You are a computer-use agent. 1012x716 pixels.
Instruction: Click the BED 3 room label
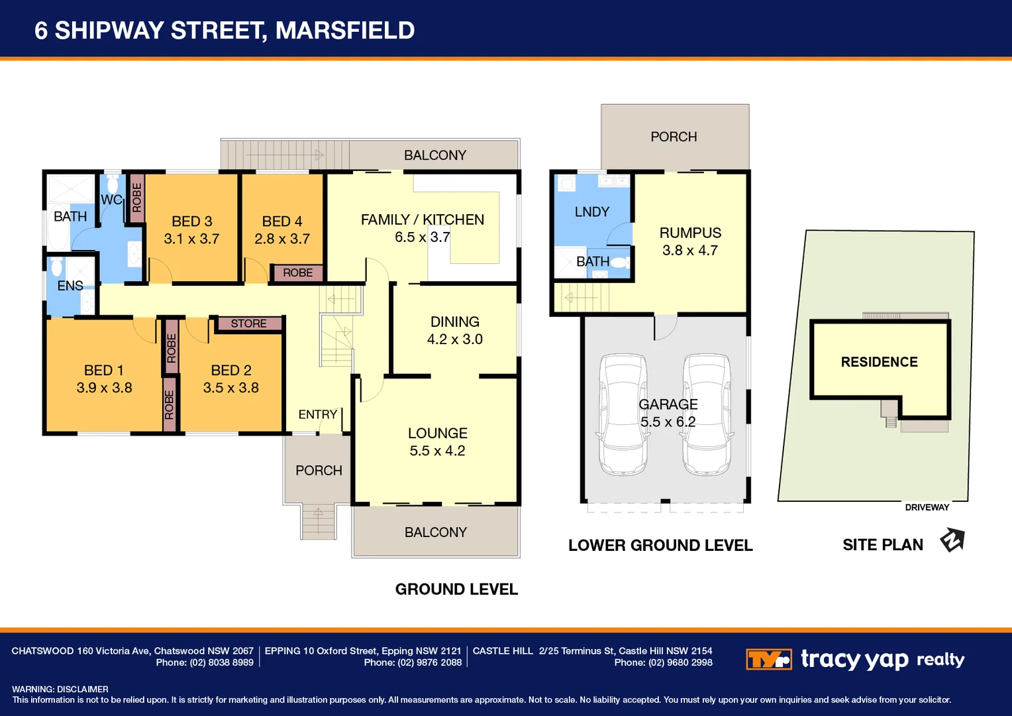[x=191, y=221]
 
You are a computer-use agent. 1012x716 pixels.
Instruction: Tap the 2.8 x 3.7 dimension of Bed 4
[x=282, y=239]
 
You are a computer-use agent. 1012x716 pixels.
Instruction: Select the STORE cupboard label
[x=249, y=324]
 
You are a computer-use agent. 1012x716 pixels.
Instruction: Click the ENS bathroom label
[x=70, y=286]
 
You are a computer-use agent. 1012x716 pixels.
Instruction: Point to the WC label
[x=111, y=200]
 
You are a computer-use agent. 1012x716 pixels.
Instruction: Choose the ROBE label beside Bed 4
[x=297, y=272]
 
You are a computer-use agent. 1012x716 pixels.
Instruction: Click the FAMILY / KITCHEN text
[x=422, y=219]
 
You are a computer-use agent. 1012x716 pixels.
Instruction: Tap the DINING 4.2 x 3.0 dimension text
[x=454, y=339]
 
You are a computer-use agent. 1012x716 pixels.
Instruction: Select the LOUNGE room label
[x=437, y=434]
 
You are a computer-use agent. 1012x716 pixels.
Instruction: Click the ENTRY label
[x=318, y=414]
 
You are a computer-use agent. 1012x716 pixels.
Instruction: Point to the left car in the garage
[x=623, y=414]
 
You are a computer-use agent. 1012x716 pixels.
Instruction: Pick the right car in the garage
[x=707, y=414]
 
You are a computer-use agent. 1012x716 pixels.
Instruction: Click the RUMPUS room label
[x=690, y=233]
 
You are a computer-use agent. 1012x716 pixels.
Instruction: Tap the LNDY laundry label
[x=591, y=211]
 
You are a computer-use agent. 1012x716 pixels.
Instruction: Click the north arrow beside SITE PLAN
[x=952, y=540]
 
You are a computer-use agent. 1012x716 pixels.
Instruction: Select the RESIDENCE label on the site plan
[x=879, y=362]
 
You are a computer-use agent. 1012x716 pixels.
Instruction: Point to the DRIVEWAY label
[x=927, y=507]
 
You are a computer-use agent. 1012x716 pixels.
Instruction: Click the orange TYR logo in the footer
[x=768, y=660]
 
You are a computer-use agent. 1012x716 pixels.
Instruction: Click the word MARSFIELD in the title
[x=344, y=30]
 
